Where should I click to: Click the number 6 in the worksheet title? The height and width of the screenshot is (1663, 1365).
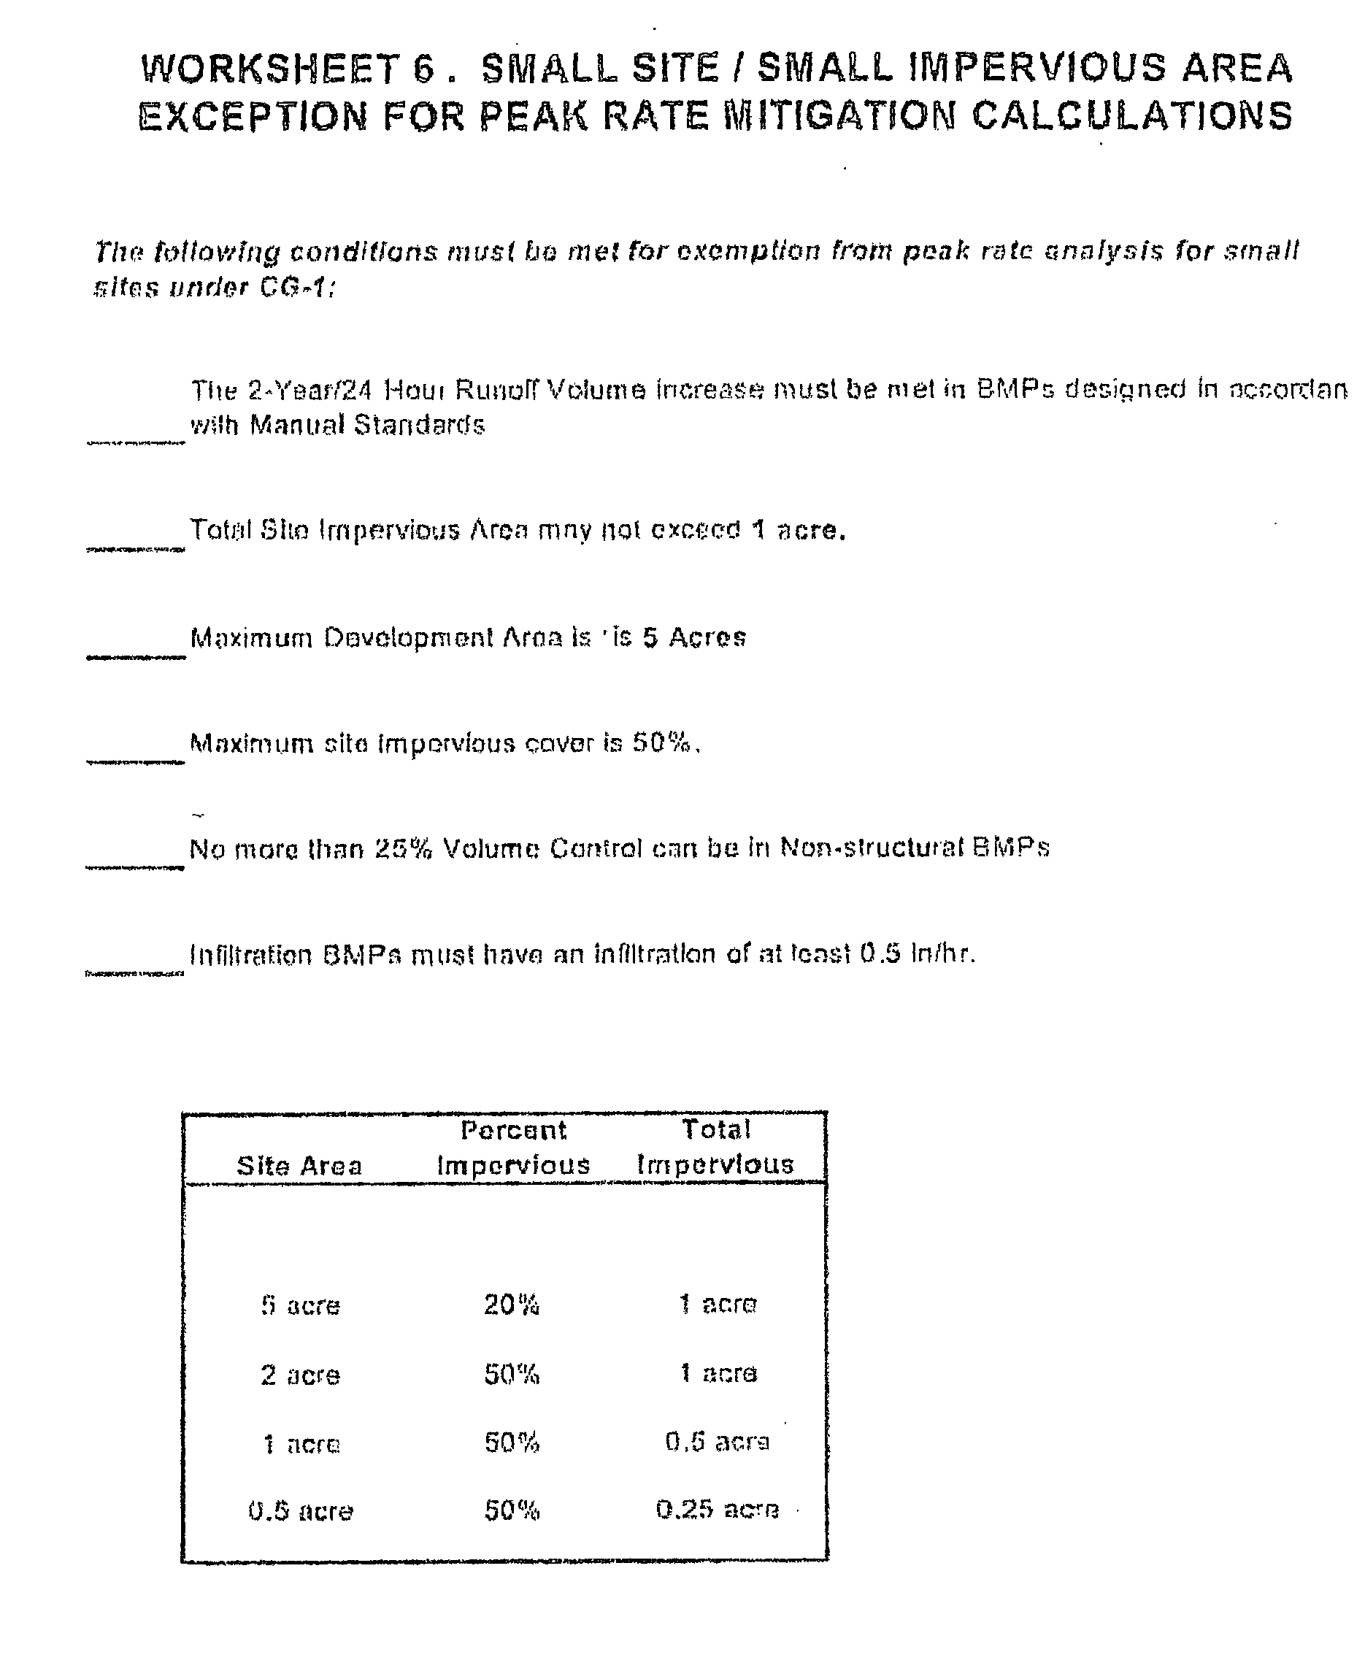pos(424,69)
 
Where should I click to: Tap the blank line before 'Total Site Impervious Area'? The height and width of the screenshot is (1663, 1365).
pos(135,548)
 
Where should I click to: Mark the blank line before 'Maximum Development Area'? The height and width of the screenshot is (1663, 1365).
pos(135,656)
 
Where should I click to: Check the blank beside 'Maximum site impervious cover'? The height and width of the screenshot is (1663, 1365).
pos(135,761)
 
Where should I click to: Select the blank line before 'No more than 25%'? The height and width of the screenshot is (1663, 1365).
pos(135,867)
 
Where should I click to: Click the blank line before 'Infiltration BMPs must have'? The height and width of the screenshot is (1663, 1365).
pos(135,972)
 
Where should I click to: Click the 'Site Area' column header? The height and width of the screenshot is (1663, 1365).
pos(299,1165)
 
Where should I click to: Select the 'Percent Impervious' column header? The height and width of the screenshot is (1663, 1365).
pos(513,1148)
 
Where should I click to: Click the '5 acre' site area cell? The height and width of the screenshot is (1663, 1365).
pos(300,1306)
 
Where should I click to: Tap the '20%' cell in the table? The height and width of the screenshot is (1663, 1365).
pos(512,1305)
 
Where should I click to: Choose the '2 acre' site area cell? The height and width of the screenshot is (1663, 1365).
pos(300,1375)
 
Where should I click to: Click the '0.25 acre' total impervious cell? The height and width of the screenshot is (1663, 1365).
pos(717,1510)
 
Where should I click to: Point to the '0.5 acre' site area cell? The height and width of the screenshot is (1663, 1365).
pos(300,1511)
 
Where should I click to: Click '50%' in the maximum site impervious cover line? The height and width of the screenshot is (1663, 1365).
pos(662,743)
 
